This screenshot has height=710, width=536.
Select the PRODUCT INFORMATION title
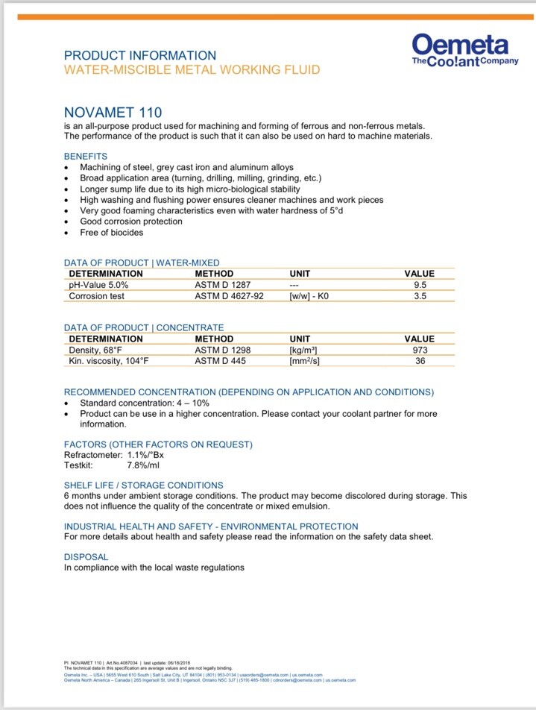pos(140,55)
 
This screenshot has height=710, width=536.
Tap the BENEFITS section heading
pos(86,157)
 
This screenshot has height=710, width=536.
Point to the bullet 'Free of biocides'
pos(112,233)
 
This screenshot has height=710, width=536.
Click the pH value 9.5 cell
pos(419,285)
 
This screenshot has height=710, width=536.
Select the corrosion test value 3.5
pos(419,296)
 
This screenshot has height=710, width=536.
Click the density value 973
pos(419,350)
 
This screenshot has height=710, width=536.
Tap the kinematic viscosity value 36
pos(419,361)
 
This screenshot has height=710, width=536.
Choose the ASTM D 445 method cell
pos(220,361)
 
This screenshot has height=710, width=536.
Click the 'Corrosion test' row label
pos(96,296)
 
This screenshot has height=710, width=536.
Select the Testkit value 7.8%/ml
pos(143,466)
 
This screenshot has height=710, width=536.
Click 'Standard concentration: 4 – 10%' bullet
pos(142,403)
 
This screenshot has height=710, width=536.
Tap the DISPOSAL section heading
pos(86,557)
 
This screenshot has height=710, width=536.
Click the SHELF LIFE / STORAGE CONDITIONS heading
pos(143,485)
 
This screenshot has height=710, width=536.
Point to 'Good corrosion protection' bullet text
pos(131,222)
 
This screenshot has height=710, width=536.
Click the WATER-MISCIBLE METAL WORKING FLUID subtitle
pos(192,70)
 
